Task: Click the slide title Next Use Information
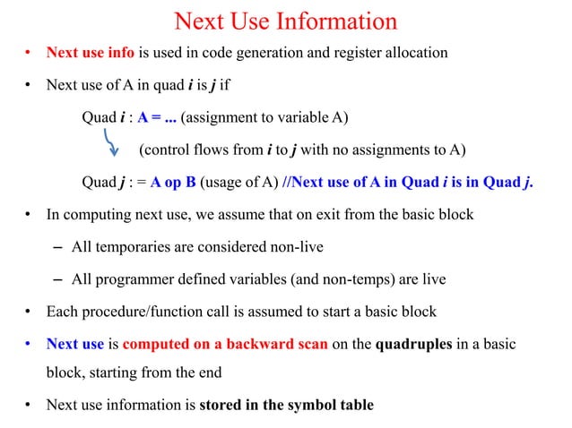(285, 21)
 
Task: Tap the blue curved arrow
(112, 141)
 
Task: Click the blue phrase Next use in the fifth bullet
(75, 344)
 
